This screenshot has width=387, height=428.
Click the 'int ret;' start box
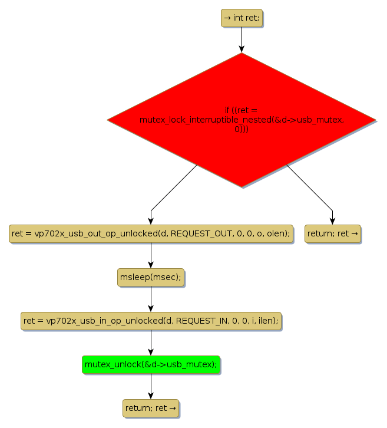242,18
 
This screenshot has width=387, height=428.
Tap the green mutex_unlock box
151,364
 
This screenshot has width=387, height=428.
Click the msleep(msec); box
151,277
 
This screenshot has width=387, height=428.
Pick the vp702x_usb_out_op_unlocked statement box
151,233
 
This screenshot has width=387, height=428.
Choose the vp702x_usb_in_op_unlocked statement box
151,321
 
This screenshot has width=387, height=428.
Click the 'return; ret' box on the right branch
332,233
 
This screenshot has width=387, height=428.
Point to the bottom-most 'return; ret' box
151,408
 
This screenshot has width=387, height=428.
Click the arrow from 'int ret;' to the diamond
242,39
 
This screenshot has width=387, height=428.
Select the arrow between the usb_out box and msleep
151,255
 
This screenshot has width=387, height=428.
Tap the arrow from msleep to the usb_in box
151,299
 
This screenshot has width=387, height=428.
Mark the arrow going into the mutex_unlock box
151,343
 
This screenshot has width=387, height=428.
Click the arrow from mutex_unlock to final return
151,386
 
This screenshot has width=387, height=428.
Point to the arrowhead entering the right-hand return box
332,221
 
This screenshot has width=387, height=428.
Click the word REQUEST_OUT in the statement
196,233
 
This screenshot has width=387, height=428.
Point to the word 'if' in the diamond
227,110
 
